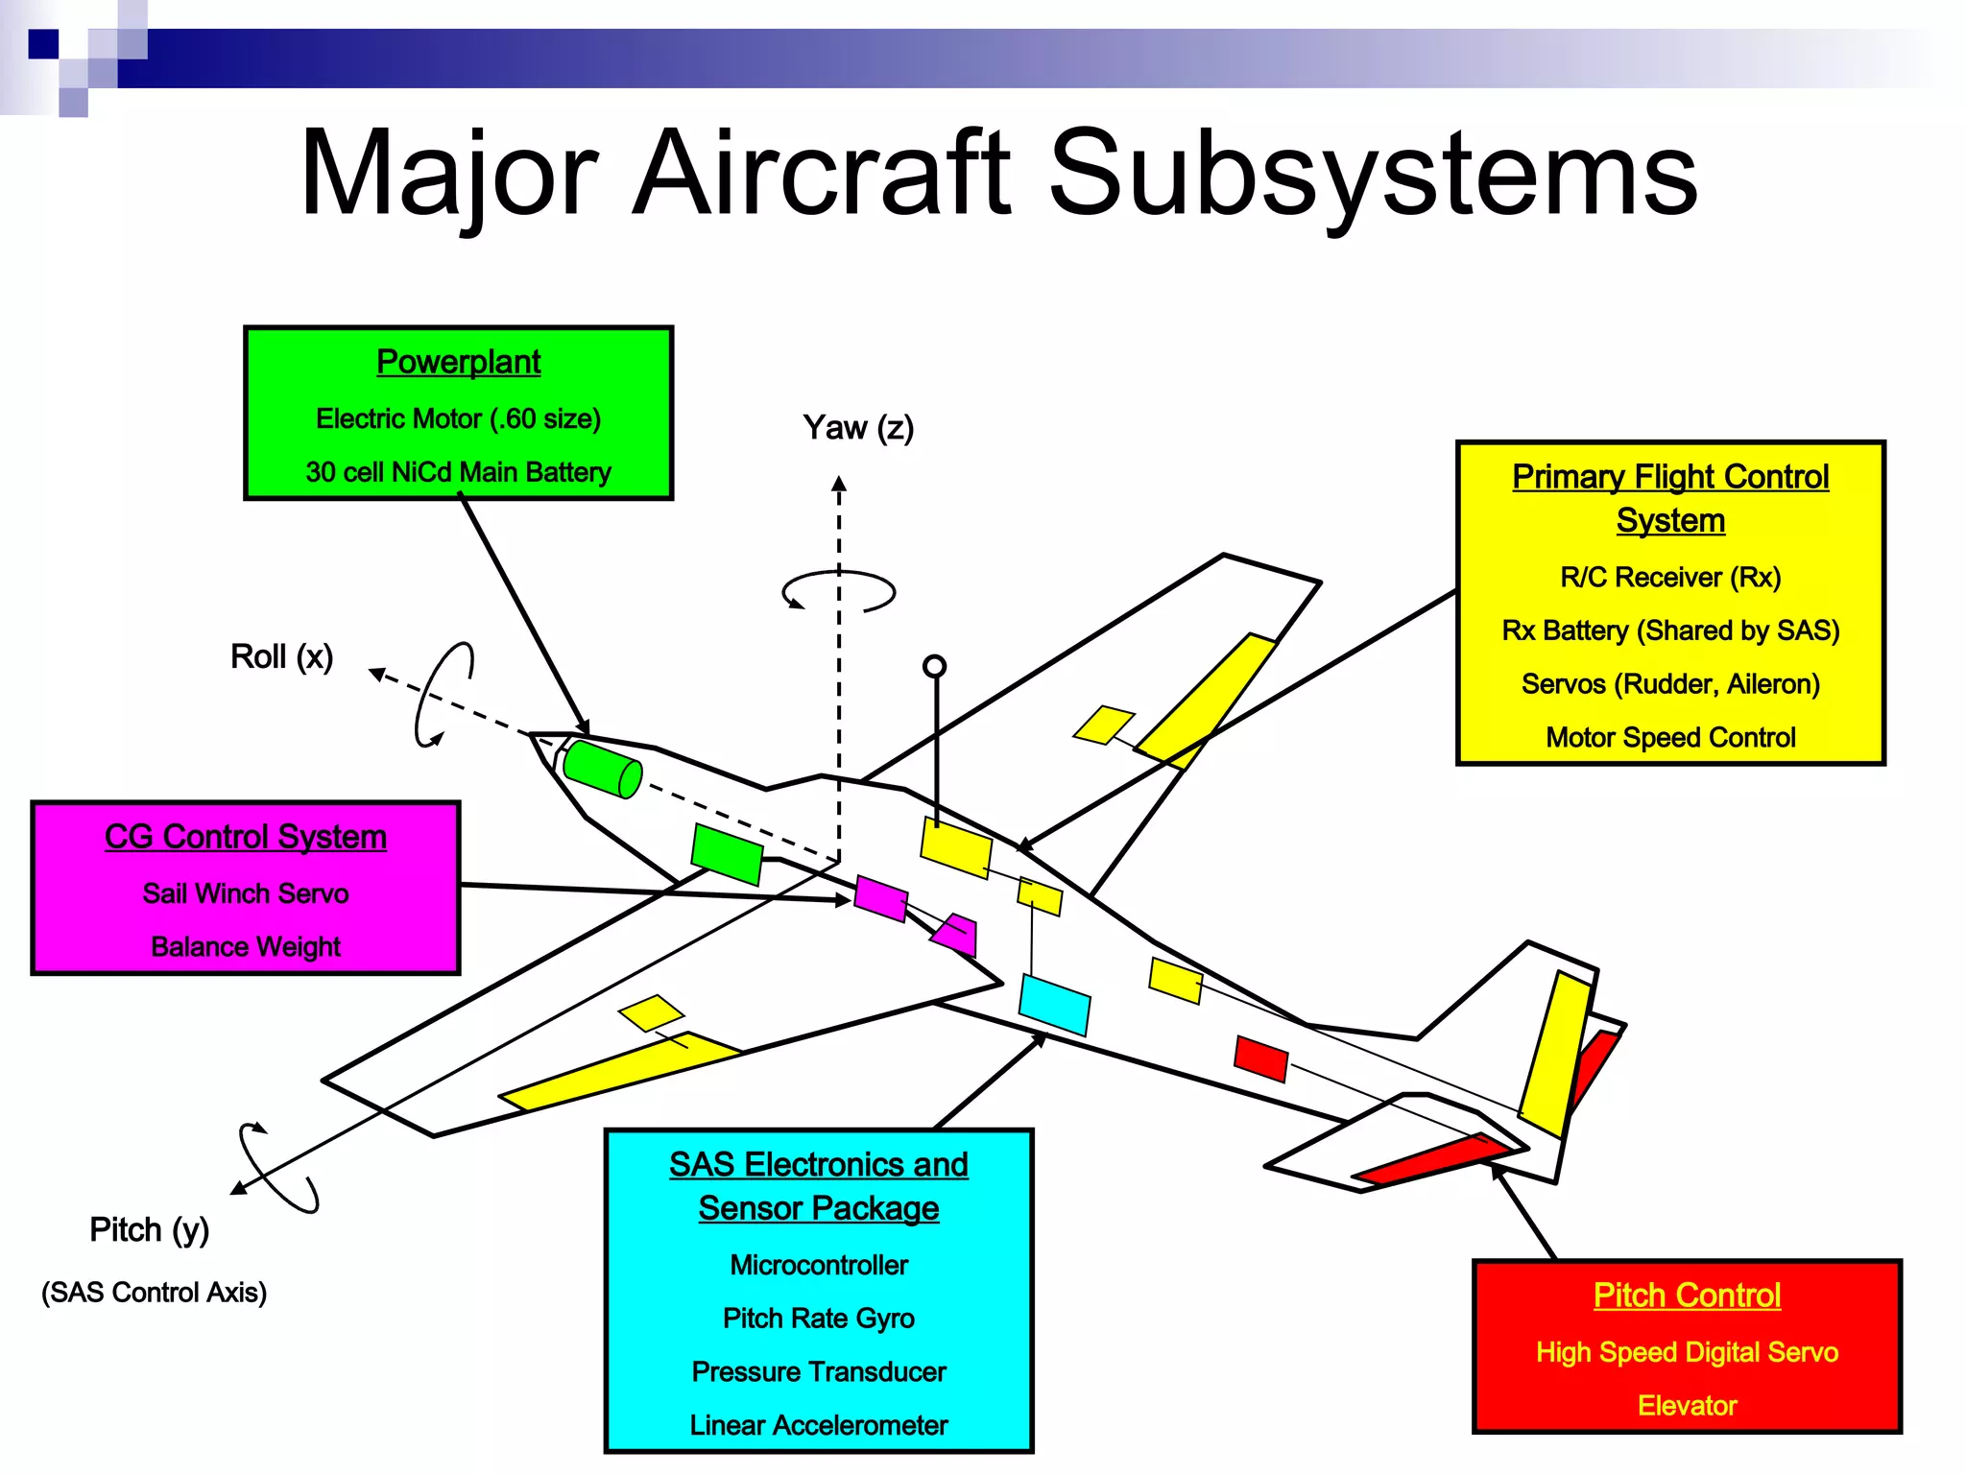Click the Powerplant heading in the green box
(458, 362)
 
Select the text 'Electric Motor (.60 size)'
(458, 418)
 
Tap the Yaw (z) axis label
(857, 427)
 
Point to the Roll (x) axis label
(281, 656)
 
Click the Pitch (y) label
(149, 1229)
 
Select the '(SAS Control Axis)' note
(154, 1293)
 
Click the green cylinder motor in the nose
(602, 768)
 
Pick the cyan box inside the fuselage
(1054, 1005)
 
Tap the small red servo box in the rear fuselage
(1260, 1058)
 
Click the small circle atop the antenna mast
(934, 666)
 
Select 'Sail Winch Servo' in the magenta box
(245, 893)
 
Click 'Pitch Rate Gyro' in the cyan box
(818, 1319)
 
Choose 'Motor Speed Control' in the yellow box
(1670, 737)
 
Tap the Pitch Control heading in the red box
(1687, 1295)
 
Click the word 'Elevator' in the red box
(1687, 1406)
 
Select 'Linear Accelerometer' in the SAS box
(818, 1425)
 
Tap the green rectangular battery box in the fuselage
(727, 853)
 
